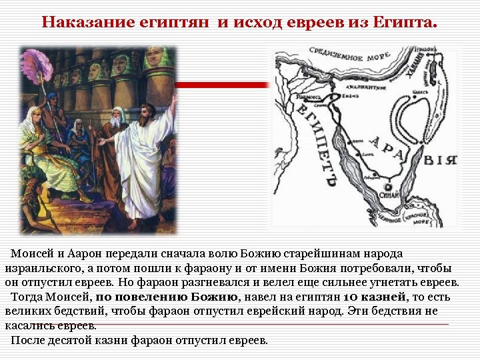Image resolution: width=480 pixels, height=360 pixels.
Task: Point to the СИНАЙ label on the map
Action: (391, 197)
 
